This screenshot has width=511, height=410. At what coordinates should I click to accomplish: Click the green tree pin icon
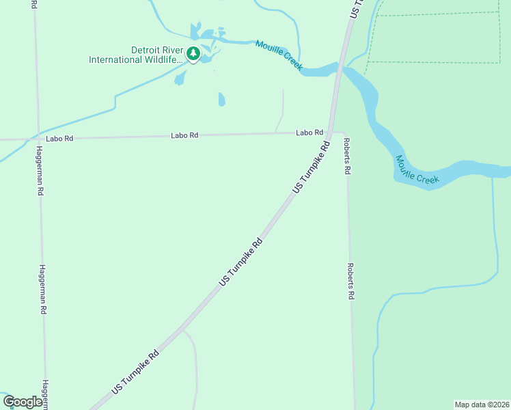click(193, 54)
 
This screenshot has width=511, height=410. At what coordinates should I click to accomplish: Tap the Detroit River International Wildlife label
click(136, 55)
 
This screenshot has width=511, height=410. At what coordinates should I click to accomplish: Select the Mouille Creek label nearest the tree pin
click(279, 55)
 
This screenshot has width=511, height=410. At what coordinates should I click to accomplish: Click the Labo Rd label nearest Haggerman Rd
click(59, 139)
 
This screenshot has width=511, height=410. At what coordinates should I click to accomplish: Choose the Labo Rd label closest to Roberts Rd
click(309, 133)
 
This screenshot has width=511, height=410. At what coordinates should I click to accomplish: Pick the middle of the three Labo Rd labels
click(184, 135)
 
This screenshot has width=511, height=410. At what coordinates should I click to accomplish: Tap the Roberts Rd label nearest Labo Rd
click(347, 156)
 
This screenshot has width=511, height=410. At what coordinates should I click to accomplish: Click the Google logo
click(23, 402)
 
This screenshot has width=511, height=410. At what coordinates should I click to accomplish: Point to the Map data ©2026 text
click(482, 405)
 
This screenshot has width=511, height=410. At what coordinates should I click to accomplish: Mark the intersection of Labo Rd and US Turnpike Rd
click(329, 133)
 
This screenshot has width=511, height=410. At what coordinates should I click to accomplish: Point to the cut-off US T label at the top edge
click(355, 8)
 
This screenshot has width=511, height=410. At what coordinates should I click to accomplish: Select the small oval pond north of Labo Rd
click(221, 100)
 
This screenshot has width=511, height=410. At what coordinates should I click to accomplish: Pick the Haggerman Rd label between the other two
click(42, 289)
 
